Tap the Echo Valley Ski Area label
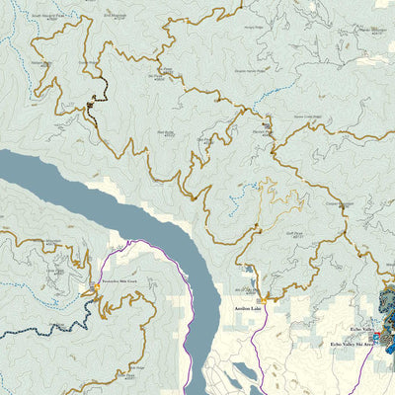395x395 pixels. (x=352, y=345)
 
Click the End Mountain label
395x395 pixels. (x=117, y=16)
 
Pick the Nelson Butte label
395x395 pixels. (x=39, y=62)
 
